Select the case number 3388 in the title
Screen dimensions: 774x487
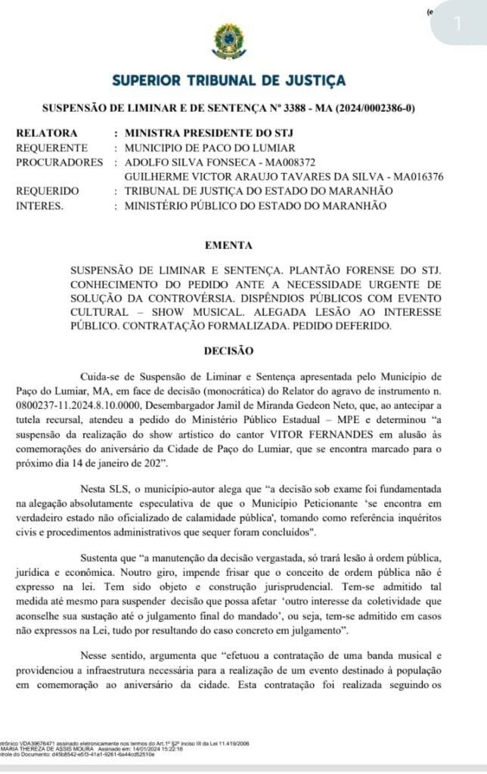pos(299,108)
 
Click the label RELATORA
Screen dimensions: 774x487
pos(47,134)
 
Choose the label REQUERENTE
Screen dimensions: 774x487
pos(51,148)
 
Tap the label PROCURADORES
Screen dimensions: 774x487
pos(59,163)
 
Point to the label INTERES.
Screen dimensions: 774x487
pos(40,206)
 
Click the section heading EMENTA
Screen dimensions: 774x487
pos(228,245)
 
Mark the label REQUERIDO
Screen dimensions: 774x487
pos(48,191)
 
